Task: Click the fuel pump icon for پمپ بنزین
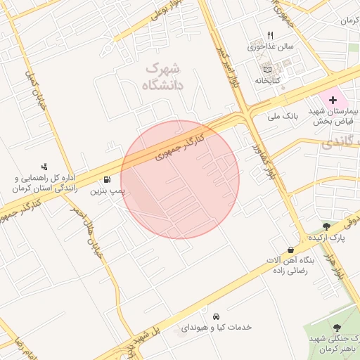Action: [107, 179]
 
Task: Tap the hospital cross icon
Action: [333, 101]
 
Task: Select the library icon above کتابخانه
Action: [266, 70]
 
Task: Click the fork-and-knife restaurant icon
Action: [269, 36]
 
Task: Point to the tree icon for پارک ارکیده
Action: [326, 226]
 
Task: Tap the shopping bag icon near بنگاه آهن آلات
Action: [290, 250]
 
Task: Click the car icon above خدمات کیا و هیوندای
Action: [217, 316]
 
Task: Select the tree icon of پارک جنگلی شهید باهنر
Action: [337, 328]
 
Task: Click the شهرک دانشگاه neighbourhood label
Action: [162, 77]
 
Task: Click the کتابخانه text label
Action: [267, 81]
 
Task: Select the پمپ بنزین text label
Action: [107, 191]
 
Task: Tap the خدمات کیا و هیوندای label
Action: [217, 328]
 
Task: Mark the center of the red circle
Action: [180, 179]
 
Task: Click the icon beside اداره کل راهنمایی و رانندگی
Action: [44, 167]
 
